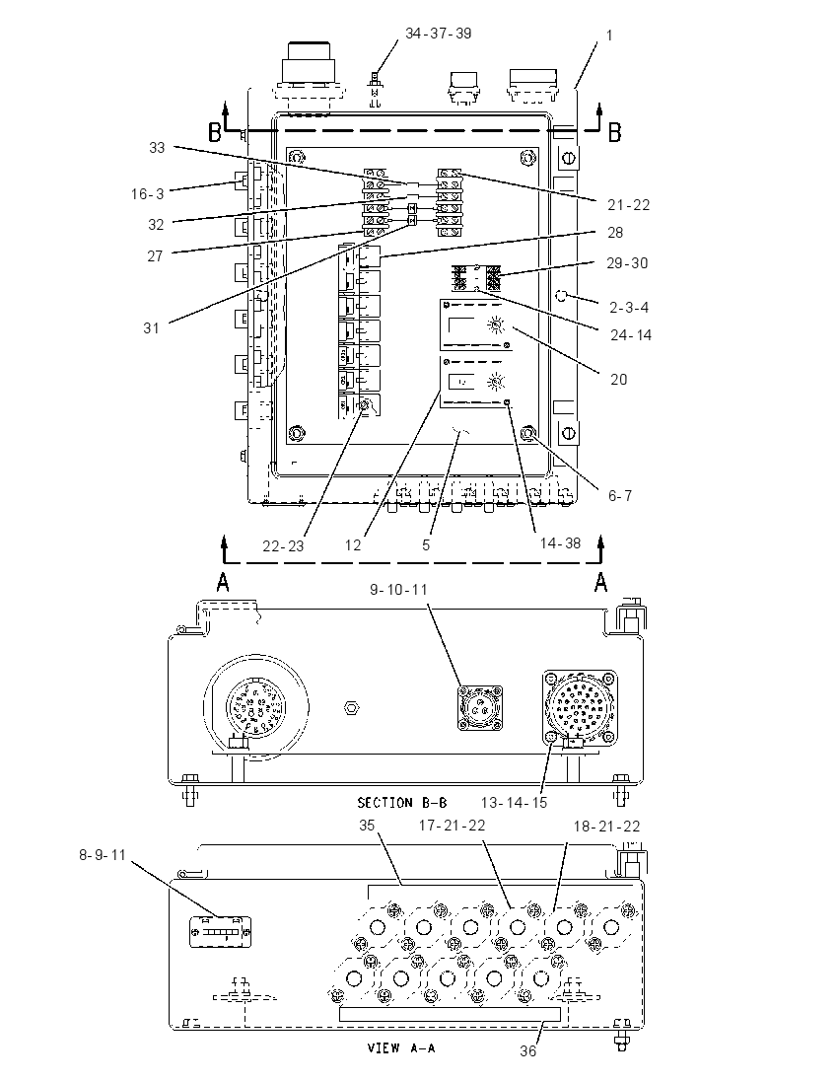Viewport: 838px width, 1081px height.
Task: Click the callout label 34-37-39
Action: (439, 34)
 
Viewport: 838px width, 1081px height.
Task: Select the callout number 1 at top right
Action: (609, 36)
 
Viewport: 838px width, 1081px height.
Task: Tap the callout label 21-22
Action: (629, 205)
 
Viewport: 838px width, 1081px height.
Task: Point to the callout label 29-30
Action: (627, 262)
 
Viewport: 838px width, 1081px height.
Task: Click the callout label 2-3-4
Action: (629, 307)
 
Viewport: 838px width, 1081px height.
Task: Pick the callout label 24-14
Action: (631, 335)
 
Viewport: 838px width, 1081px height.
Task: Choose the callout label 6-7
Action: (620, 495)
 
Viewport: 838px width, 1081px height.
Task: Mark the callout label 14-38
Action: (560, 543)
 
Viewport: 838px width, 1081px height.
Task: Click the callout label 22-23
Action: (283, 546)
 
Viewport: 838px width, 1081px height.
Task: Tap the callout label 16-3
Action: (148, 194)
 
